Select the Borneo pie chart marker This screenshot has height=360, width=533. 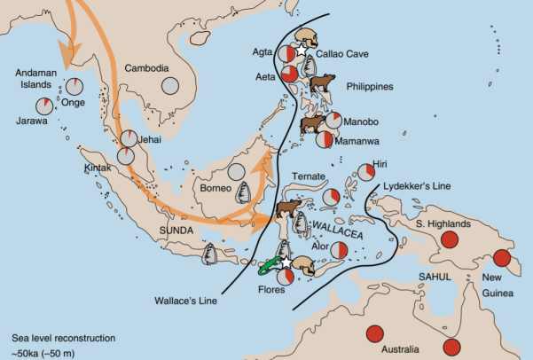(236, 175)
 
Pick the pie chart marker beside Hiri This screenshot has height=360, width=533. (366, 172)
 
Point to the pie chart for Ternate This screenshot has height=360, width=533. (331, 197)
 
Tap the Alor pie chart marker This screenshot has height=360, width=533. (335, 254)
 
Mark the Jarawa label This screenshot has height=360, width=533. (32, 121)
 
